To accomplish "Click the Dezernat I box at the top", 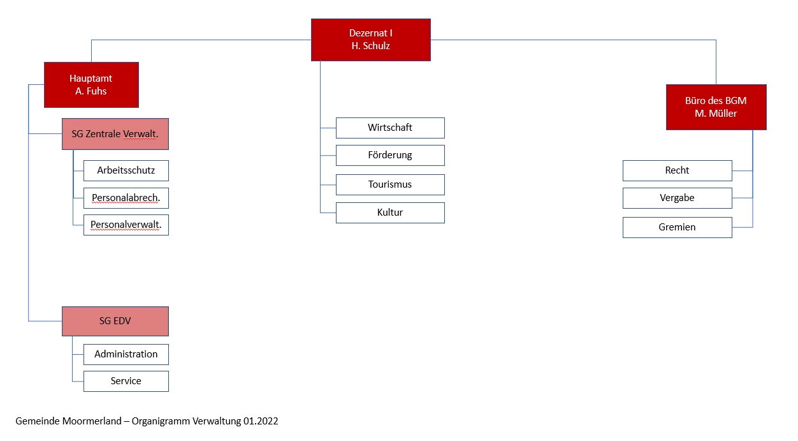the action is [371, 40].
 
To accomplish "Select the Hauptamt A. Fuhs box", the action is [92, 85].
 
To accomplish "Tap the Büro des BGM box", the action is [716, 107].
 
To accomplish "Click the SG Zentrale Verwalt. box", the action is [115, 134].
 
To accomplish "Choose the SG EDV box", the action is [115, 321].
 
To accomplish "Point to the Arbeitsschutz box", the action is [126, 170].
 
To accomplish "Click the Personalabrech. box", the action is [126, 198].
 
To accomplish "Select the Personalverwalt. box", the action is [126, 225].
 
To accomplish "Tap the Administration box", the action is [126, 354].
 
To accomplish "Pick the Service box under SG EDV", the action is [126, 381].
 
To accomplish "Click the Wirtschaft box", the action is [390, 128].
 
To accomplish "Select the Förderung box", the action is [390, 155].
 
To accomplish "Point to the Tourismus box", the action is [390, 184].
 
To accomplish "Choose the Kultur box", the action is [390, 213].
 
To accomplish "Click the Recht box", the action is [678, 170].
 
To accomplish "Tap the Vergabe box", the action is [678, 198].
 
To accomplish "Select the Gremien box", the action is [678, 227].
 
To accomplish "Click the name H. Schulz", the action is [370, 46].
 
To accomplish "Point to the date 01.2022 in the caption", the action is [261, 421].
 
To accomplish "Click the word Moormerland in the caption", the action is [92, 421].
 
